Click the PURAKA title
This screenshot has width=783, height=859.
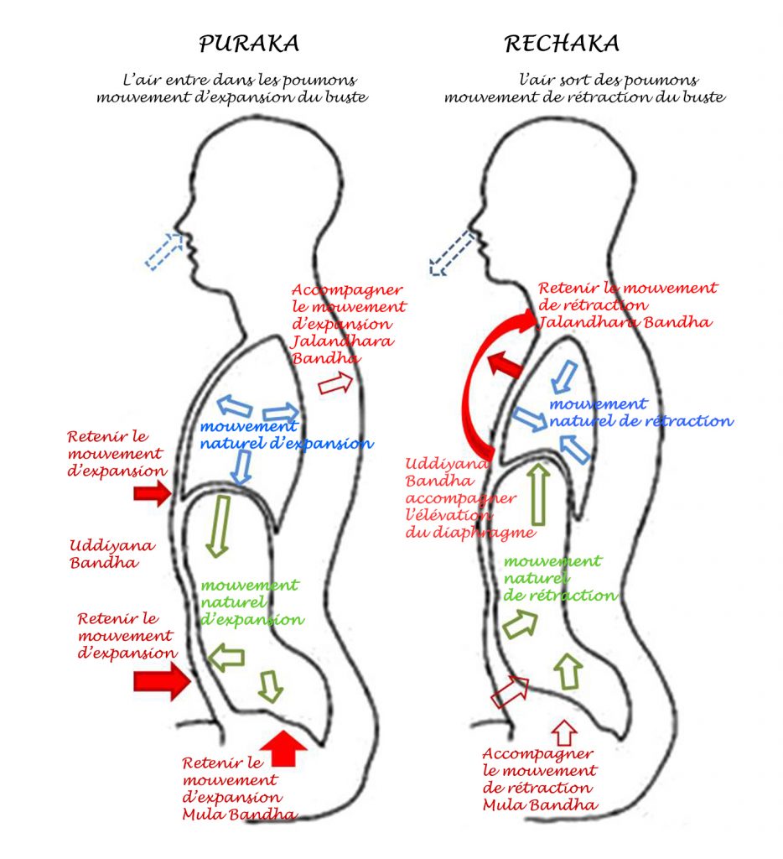click(x=249, y=44)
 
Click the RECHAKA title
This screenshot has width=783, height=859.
click(x=562, y=44)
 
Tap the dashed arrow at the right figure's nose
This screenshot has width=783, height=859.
click(x=452, y=252)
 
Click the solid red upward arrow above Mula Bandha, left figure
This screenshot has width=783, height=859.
click(x=283, y=748)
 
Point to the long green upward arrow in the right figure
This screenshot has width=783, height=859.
click(x=539, y=494)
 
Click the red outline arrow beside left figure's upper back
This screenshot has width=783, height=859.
click(x=335, y=383)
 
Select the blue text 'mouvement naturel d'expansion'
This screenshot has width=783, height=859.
click(x=287, y=435)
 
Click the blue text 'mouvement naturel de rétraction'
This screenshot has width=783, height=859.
click(x=640, y=413)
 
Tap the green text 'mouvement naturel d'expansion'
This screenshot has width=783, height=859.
click(x=251, y=602)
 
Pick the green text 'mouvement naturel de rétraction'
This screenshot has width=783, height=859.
click(x=560, y=578)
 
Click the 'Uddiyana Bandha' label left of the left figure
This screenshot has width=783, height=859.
click(x=111, y=554)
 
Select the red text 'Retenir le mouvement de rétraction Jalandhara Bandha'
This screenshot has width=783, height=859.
click(x=627, y=305)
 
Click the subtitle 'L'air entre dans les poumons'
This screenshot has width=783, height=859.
click(x=240, y=80)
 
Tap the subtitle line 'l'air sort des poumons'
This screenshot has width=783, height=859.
click(x=609, y=80)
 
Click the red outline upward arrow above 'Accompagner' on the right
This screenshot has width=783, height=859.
click(x=564, y=732)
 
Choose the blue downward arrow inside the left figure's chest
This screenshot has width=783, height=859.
click(x=241, y=467)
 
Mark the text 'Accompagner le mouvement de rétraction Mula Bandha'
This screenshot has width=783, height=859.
click(x=540, y=779)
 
